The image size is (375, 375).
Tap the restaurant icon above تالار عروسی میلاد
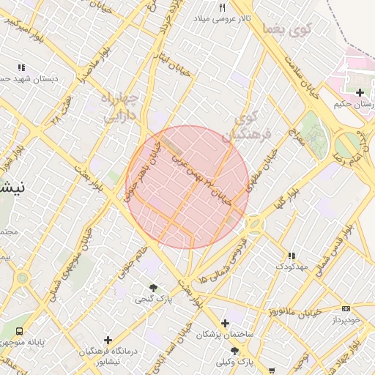click(x=222, y=7)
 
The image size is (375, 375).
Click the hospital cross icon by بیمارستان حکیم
click(x=360, y=92)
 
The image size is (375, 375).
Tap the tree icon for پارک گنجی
click(x=153, y=288)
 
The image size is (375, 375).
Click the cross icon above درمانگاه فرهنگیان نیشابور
click(x=108, y=340)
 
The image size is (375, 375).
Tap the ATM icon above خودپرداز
click(x=346, y=309)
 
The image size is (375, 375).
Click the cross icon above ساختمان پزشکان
click(x=225, y=323)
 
